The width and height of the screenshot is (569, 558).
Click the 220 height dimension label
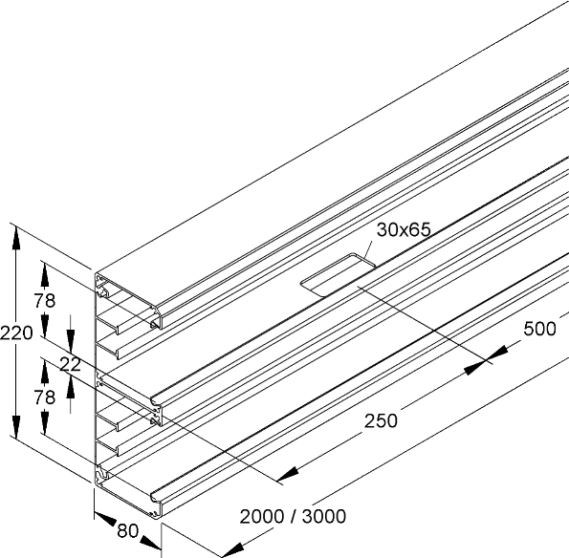tap(16, 333)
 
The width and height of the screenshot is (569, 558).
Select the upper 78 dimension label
tap(45, 301)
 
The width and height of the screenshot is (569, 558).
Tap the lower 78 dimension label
tap(45, 397)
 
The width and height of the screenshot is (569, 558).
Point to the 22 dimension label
tap(70, 364)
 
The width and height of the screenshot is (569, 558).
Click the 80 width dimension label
tap(128, 531)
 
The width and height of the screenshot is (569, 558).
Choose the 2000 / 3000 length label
tap(293, 516)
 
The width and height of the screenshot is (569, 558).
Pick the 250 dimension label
tap(381, 421)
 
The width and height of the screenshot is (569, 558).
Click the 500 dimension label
tap(539, 329)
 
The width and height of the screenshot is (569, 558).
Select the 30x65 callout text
tap(404, 229)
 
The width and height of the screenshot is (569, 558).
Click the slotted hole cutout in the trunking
tap(339, 274)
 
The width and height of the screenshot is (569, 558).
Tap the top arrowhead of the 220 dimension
tap(16, 238)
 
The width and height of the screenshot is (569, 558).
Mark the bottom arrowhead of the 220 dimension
tap(16, 427)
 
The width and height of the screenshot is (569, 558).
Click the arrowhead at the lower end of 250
tap(288, 474)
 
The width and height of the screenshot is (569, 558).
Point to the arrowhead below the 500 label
tap(474, 368)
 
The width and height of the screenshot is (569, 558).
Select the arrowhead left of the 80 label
tap(105, 519)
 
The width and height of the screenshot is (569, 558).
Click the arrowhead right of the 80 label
tap(150, 543)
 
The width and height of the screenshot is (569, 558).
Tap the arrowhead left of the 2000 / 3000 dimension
tap(232, 549)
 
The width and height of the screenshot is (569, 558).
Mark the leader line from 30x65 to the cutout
tap(367, 250)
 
